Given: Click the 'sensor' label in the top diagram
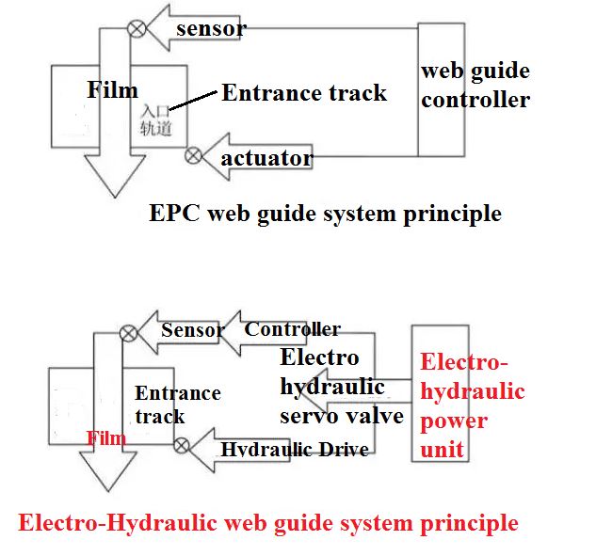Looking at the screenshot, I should click(x=211, y=28).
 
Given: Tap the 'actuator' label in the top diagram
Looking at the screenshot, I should click(x=266, y=158).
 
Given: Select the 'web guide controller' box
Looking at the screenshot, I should click(x=475, y=86).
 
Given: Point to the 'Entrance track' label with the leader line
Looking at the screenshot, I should click(x=303, y=92).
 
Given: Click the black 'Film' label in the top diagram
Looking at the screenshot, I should click(x=112, y=90).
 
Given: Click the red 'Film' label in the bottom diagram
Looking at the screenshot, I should click(x=105, y=437).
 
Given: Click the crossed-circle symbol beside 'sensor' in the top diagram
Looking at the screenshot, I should click(x=137, y=28).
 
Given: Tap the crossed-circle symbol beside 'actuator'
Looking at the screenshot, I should click(x=194, y=154).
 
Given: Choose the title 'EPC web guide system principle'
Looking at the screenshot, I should click(x=325, y=214).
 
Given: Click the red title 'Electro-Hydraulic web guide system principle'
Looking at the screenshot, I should click(x=268, y=522).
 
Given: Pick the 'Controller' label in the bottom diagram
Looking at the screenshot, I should click(x=292, y=329).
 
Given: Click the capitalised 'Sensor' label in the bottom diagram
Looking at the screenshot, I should click(x=192, y=330).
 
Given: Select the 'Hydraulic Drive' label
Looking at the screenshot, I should click(x=294, y=449).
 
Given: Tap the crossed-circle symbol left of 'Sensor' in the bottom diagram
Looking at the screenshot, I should click(x=129, y=332).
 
